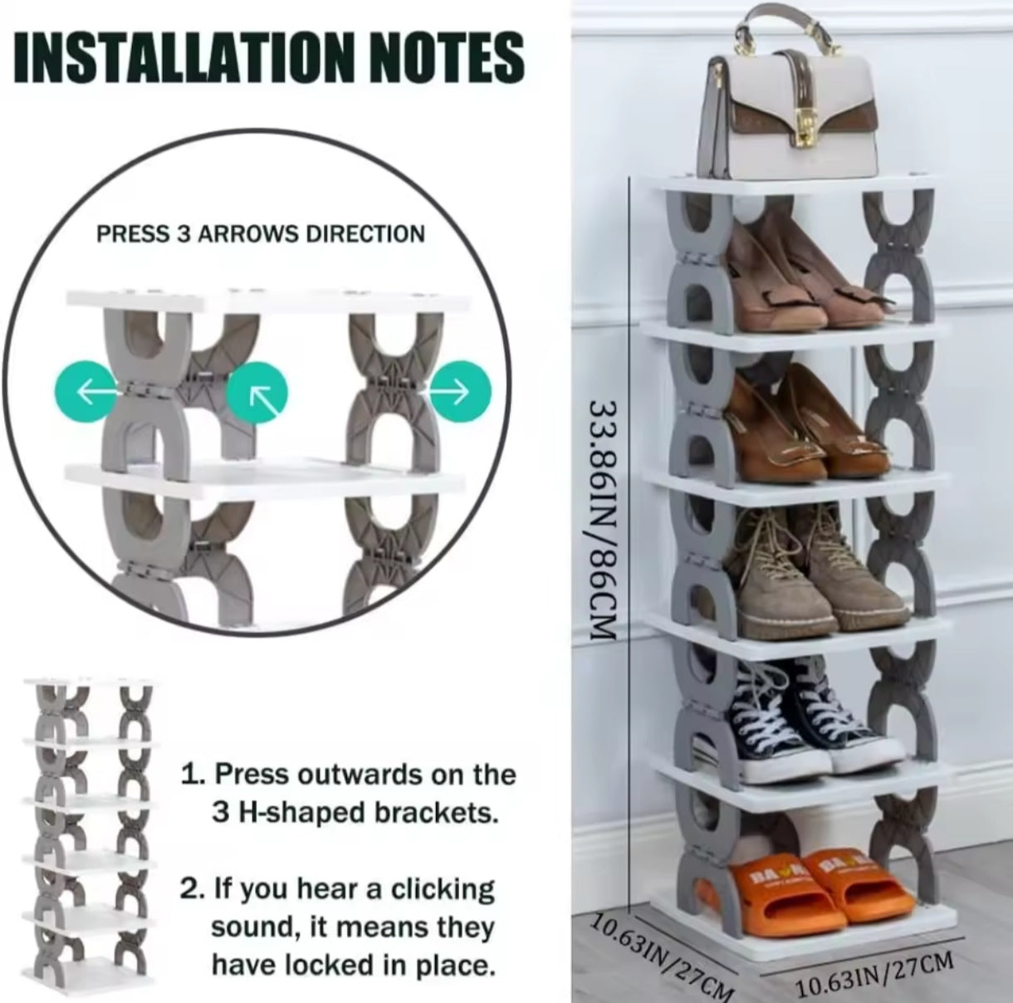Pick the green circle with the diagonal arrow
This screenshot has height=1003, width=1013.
pos(257,391)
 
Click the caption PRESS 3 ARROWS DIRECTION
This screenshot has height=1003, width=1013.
pos(261,233)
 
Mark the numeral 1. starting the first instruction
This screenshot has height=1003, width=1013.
pos(193,775)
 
